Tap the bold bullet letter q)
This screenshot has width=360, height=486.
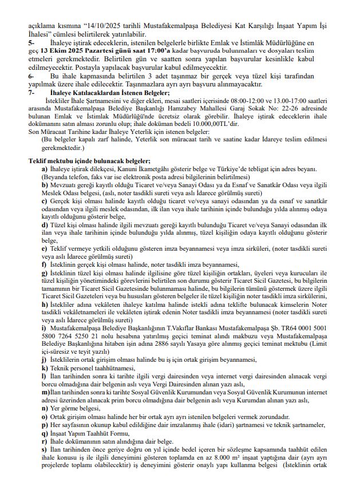pyautogui.click(x=44, y=433)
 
